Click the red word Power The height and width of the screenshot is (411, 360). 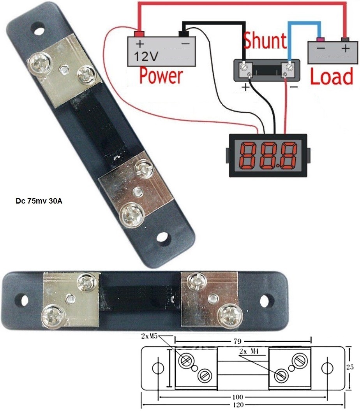pos(161,76)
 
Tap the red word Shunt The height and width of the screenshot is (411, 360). pos(265,41)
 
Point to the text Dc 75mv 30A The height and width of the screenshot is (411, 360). pos(37,202)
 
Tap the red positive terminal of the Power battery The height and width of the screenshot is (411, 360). pos(139,33)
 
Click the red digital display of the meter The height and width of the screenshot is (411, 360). pos(267,155)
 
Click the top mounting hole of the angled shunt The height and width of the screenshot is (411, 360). pos(38,30)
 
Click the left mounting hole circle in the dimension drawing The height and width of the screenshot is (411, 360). pos(158,368)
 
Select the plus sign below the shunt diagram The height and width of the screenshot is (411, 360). pos(245,87)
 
